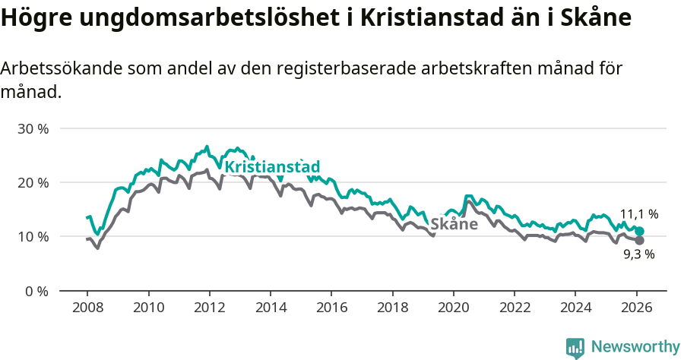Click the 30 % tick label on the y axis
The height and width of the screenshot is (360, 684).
[33, 128]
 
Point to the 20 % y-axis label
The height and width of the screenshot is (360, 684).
[33, 182]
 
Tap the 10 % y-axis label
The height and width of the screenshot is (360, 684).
[33, 236]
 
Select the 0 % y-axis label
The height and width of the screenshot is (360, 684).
[36, 291]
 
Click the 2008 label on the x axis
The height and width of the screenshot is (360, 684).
[87, 308]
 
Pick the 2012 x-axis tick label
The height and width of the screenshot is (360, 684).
[209, 308]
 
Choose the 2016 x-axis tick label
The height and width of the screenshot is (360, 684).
[331, 308]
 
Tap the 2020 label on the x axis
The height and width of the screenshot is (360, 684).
[453, 308]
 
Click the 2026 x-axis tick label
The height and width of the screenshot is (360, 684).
[636, 308]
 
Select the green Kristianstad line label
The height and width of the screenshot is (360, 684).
[272, 167]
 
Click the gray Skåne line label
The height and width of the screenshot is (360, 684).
[454, 224]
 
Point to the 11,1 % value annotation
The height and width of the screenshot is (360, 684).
[639, 214]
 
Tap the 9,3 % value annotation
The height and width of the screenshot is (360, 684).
[639, 254]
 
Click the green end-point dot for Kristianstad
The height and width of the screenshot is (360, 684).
[639, 231]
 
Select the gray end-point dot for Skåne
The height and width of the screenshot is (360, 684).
[639, 241]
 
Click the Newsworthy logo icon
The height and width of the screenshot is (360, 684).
[575, 348]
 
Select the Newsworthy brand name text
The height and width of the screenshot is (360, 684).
[635, 347]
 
